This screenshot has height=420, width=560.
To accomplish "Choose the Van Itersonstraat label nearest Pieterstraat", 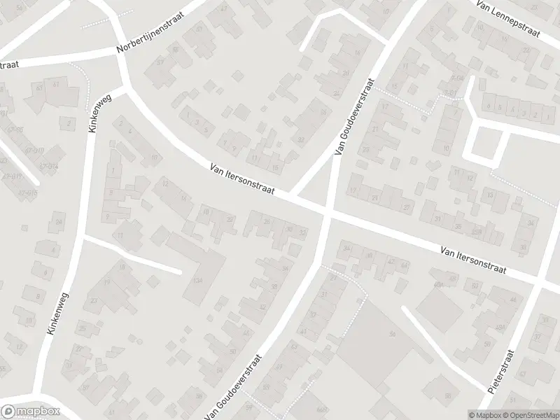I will pyautogui.click(x=474, y=259).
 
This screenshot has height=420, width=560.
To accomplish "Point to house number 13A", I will pyautogui.click(x=198, y=279).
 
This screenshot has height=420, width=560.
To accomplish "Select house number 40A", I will pyautogui.click(x=439, y=284).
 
